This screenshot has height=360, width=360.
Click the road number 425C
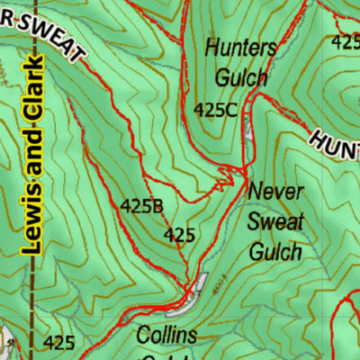[216, 110]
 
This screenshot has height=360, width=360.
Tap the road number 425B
[142, 206]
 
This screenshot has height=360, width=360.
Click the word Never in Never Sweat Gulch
[277, 192]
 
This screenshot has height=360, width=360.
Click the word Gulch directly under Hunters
[238, 77]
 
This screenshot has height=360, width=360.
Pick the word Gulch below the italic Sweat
[274, 250]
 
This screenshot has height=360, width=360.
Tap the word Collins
[166, 336]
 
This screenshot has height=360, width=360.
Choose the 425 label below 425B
[179, 236]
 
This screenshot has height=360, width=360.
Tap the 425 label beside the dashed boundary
[58, 342]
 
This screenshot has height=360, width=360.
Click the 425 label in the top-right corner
[346, 41]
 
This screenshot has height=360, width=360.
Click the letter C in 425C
[231, 110]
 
